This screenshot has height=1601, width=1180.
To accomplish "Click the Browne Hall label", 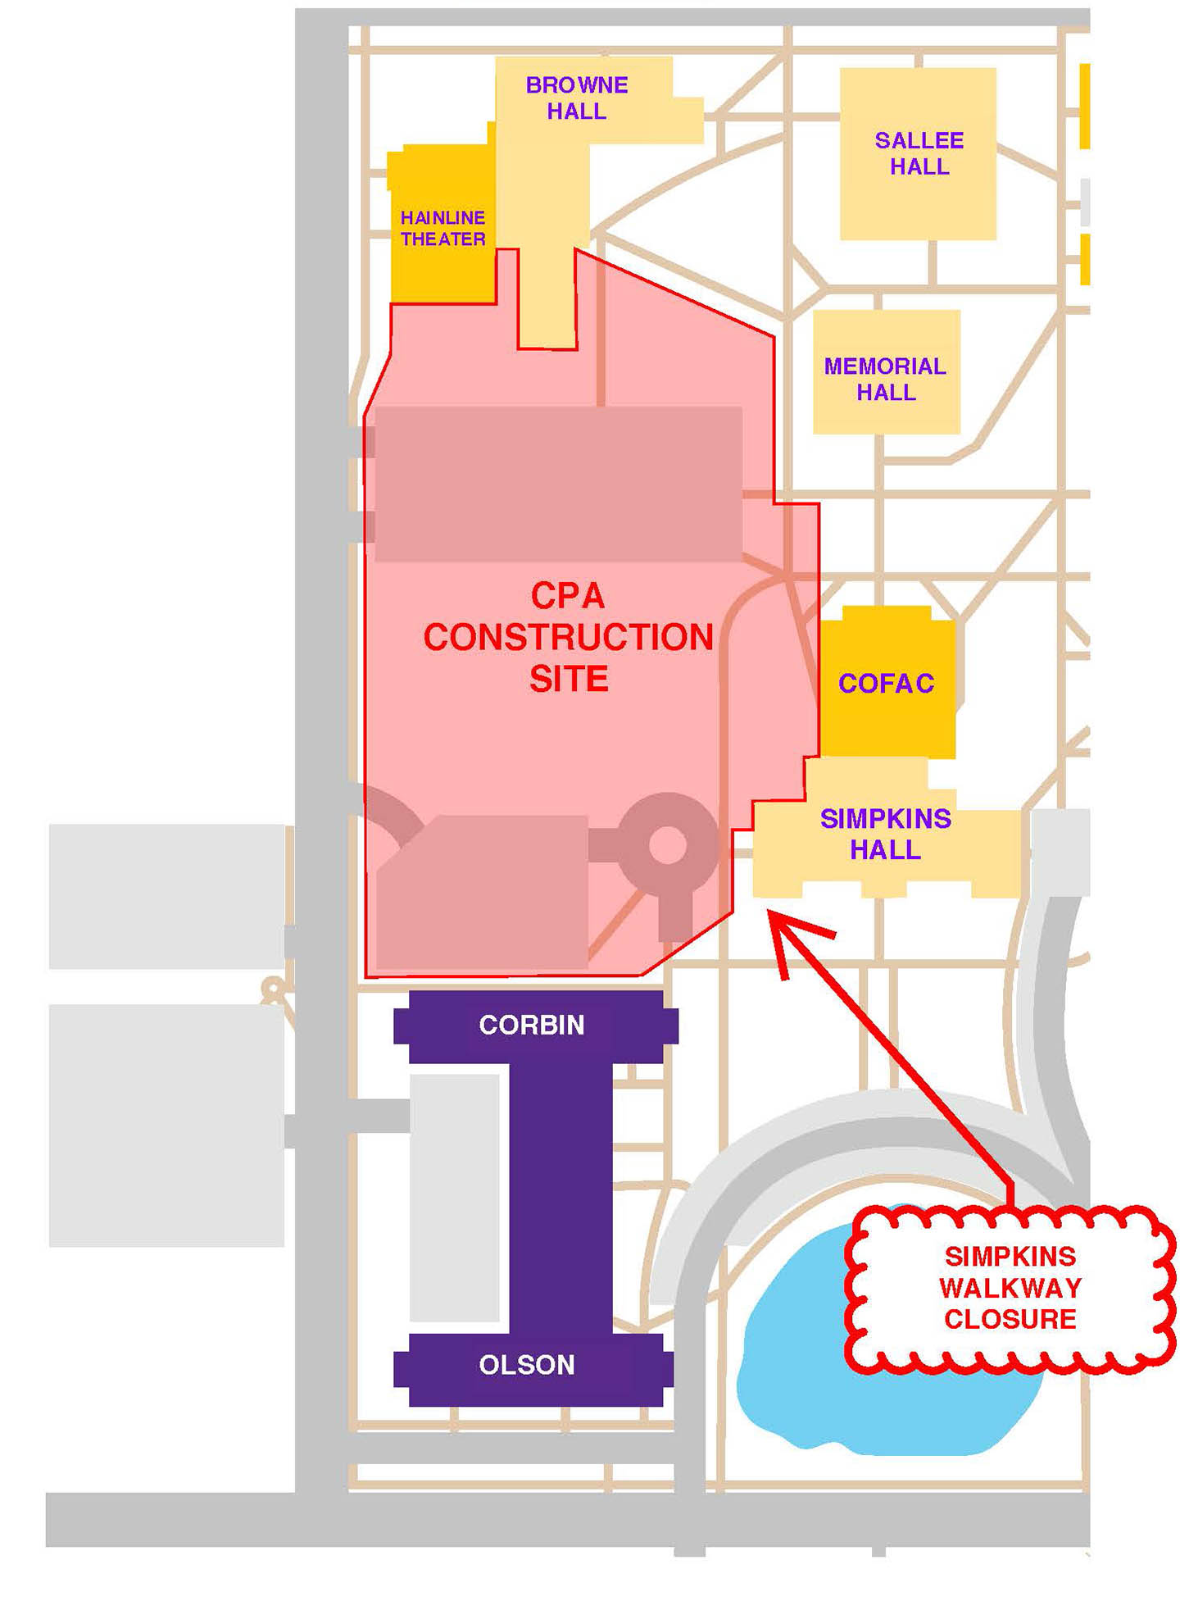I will [x=576, y=98].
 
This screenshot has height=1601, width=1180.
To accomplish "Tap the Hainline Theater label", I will [x=442, y=228].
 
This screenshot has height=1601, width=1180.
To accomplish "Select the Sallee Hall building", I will [x=918, y=154].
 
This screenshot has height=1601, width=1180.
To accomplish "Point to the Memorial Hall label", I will [x=885, y=379].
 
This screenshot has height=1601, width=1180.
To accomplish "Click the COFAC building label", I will [x=886, y=683].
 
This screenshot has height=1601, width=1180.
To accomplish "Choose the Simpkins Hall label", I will [x=885, y=833].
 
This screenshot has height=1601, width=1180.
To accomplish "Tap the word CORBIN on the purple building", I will [x=532, y=1025].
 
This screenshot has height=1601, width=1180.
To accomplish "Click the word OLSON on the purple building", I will [x=527, y=1365].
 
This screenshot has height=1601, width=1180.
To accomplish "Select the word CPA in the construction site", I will [x=567, y=596].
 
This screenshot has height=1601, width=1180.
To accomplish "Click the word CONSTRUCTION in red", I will [x=568, y=638].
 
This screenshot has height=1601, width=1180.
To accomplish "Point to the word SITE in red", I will [x=569, y=679].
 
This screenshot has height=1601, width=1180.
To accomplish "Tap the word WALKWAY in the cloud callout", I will [x=1010, y=1288].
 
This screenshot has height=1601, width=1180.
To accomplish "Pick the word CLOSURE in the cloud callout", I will [x=1010, y=1319].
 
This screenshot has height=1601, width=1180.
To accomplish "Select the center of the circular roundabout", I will [x=668, y=844].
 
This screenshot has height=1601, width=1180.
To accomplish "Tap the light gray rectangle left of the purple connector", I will [x=455, y=1197].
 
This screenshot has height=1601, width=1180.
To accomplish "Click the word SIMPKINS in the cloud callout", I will [x=1010, y=1256].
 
